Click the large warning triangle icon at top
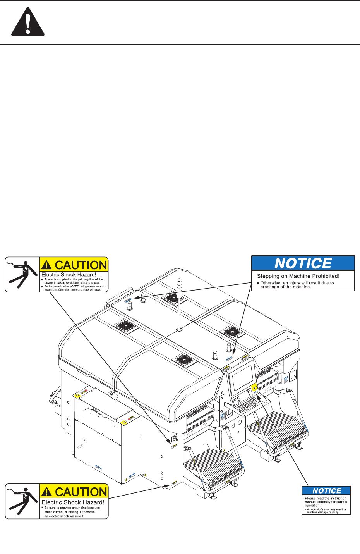(28, 23)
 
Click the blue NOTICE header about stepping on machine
(303, 263)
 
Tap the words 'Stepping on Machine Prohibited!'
(298, 276)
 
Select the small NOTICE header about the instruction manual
(326, 491)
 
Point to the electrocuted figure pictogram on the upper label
(22, 275)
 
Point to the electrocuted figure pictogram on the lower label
(22, 501)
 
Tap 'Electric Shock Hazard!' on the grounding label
(73, 502)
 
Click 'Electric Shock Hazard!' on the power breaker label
(69, 275)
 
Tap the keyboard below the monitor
(248, 405)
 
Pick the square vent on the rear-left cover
(126, 326)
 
